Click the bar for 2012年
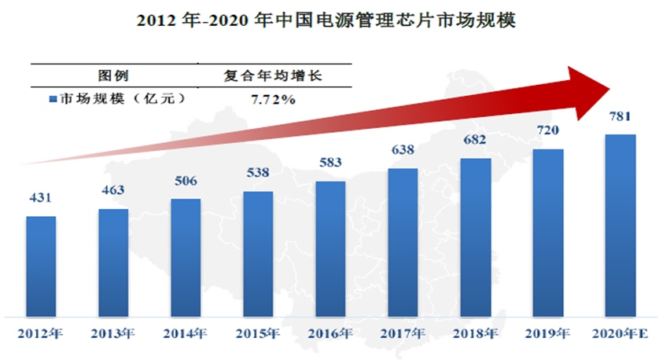click(41, 265)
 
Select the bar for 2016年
click(330, 248)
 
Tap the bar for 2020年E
click(620, 224)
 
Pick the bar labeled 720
click(547, 232)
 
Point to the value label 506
click(186, 182)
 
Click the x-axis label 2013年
click(113, 333)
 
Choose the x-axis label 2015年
click(258, 333)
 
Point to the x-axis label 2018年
click(475, 333)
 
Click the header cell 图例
click(113, 76)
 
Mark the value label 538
click(258, 174)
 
